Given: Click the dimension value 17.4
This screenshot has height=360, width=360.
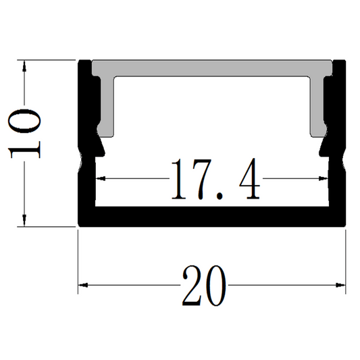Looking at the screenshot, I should coord(215,180).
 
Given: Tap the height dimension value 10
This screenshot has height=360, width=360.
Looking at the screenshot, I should coord(26,132).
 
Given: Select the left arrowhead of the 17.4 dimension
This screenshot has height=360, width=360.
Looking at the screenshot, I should coord(102,180).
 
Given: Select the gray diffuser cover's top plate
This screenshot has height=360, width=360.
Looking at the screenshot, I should coord(213,67).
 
